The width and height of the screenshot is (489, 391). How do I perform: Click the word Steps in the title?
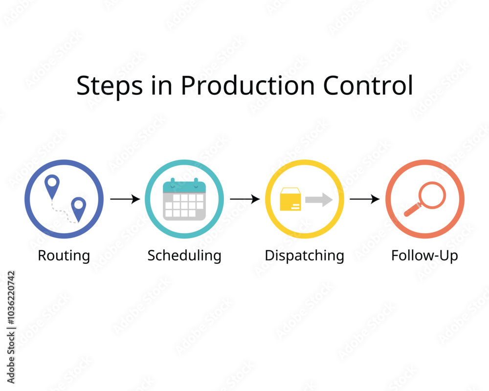(110, 86)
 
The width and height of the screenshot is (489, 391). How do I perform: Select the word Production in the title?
(247, 85)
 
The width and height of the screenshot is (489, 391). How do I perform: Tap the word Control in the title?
(368, 85)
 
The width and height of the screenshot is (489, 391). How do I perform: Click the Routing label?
(64, 256)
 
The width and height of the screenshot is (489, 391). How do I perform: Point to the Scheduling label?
(184, 256)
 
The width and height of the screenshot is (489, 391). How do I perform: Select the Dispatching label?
(304, 256)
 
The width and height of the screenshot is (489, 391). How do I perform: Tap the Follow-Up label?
(424, 256)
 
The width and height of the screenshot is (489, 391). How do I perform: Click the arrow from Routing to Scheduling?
(125, 199)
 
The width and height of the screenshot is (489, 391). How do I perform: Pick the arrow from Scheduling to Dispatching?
(245, 199)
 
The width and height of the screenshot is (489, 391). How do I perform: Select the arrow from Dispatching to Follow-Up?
(365, 199)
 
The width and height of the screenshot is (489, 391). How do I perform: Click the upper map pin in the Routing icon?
(52, 186)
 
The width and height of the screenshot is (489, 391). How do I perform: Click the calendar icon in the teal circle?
(184, 199)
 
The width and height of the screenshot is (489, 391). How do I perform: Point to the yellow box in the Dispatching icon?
(290, 199)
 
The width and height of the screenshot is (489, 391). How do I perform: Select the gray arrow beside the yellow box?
(319, 200)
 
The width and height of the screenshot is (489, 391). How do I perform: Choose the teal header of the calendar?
(184, 186)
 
